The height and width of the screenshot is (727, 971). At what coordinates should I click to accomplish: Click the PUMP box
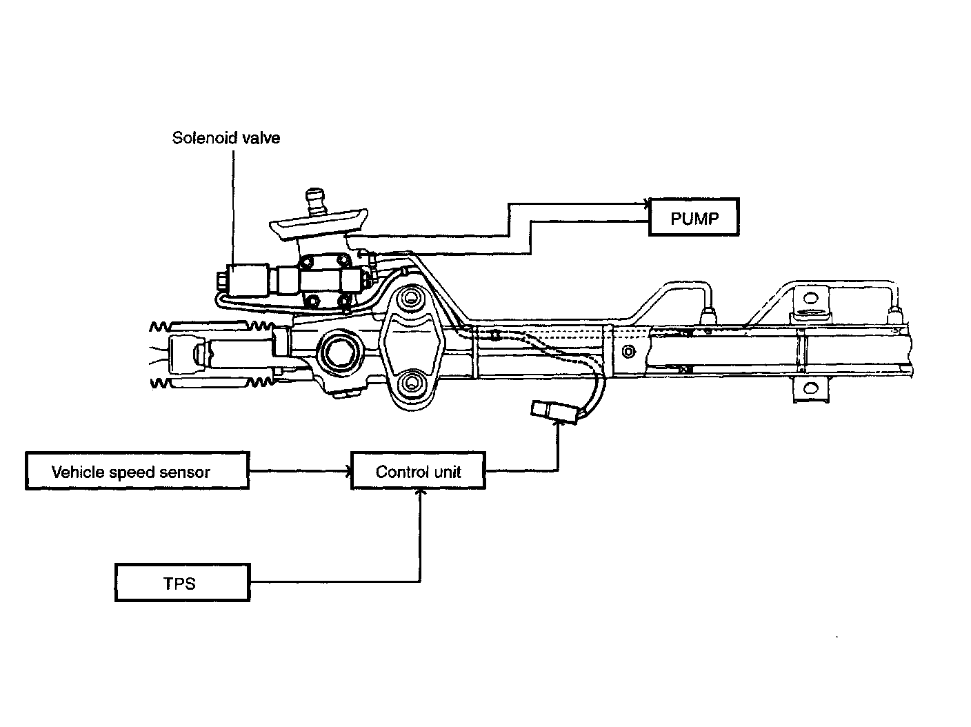[694, 218]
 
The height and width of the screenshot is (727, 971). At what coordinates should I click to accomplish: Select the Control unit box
[418, 471]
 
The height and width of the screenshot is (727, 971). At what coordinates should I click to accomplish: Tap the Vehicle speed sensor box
[137, 471]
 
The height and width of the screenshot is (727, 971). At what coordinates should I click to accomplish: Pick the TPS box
[182, 583]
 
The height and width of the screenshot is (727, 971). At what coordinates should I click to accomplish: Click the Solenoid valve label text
[226, 138]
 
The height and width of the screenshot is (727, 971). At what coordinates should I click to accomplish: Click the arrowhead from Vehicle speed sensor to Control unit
[348, 471]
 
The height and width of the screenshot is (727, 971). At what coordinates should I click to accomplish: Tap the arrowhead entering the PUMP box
[646, 203]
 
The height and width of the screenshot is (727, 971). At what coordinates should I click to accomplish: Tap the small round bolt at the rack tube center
[627, 352]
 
